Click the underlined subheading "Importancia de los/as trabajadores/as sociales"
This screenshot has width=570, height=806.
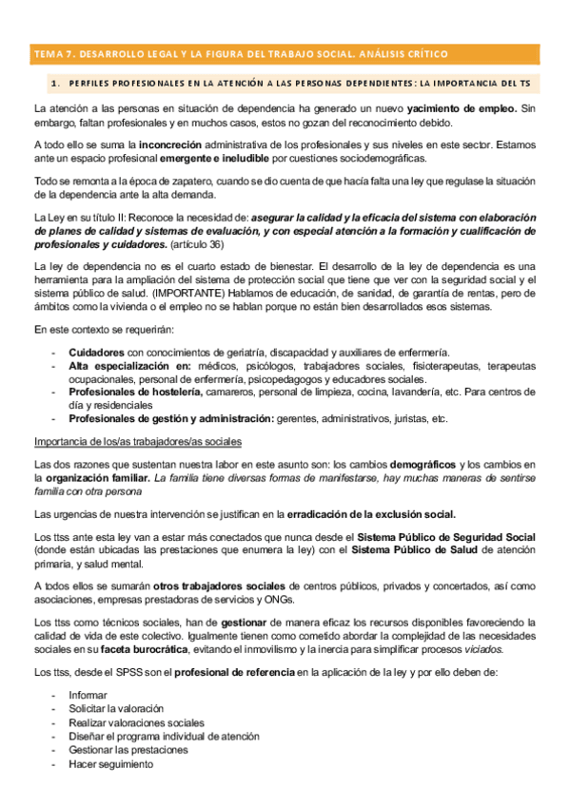click(138, 441)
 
